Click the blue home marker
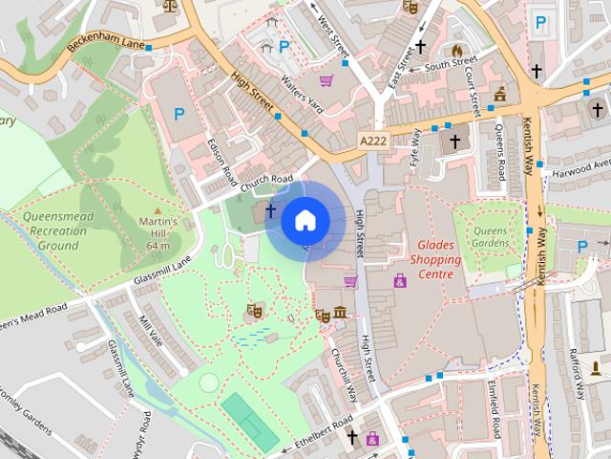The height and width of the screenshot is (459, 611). click(x=305, y=221)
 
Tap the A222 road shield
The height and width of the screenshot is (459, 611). click(x=373, y=141)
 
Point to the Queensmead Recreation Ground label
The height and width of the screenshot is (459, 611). click(x=59, y=230)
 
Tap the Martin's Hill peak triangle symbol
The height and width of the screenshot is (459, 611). click(x=158, y=208)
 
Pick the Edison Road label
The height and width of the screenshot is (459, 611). click(x=222, y=161)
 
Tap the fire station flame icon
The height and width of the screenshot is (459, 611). click(x=457, y=50)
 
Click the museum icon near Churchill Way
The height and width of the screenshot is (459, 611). click(x=339, y=314)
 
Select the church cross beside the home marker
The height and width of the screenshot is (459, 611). click(x=270, y=209)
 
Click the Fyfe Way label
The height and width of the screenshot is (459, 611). click(x=416, y=149)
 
